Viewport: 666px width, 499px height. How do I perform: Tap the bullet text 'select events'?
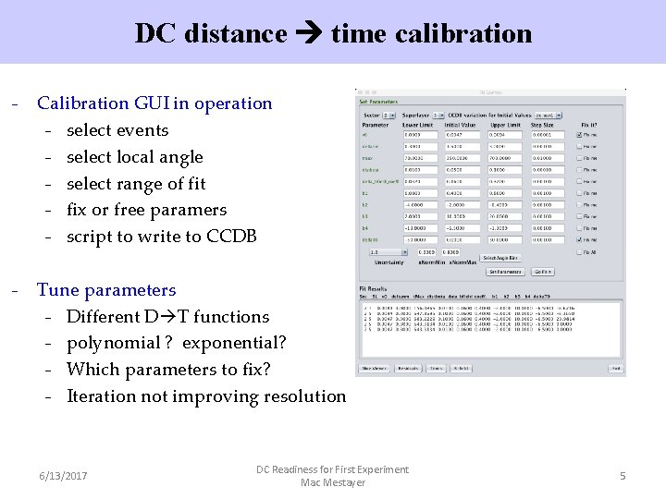(117, 130)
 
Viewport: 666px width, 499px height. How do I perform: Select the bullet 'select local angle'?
(134, 157)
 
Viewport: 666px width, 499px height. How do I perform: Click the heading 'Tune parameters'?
(105, 290)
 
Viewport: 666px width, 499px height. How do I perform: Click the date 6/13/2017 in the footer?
(63, 476)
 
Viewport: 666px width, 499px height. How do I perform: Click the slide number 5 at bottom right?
(623, 476)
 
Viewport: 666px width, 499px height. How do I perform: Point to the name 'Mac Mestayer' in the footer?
(333, 482)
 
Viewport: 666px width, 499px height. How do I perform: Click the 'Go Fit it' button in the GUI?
(542, 272)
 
